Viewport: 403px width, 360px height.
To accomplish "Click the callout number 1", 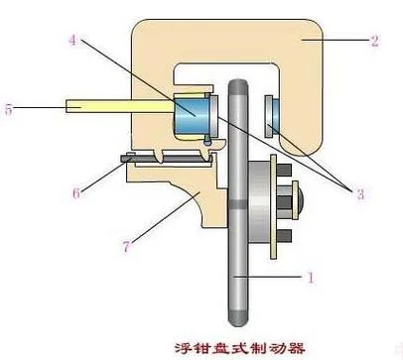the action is [311, 278].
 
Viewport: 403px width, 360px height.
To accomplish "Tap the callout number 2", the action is [374, 41].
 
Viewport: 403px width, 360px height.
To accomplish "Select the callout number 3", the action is [360, 193].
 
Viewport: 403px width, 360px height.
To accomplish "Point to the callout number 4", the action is [72, 41].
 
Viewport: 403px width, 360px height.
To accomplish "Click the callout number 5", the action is [8, 109].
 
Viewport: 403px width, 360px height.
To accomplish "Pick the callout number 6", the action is [76, 192].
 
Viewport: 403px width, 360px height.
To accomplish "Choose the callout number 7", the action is [126, 246].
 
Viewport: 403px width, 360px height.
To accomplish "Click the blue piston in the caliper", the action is [191, 116].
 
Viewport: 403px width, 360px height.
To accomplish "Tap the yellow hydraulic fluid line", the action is [119, 106].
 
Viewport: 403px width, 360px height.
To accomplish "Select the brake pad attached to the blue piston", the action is [214, 116].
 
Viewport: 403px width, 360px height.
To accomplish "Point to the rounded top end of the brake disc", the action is [237, 86].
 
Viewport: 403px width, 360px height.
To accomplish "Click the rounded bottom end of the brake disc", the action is [237, 318].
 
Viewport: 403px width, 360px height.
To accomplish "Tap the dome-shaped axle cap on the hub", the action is [301, 200].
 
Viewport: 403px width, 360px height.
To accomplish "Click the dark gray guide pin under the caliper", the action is [166, 159].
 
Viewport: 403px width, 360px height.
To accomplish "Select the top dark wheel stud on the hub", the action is [284, 170].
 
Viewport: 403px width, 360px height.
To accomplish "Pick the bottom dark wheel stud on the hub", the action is [284, 235].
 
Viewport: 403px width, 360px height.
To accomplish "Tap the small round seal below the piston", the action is [207, 142].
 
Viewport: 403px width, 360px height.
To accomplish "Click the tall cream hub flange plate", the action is [273, 207].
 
